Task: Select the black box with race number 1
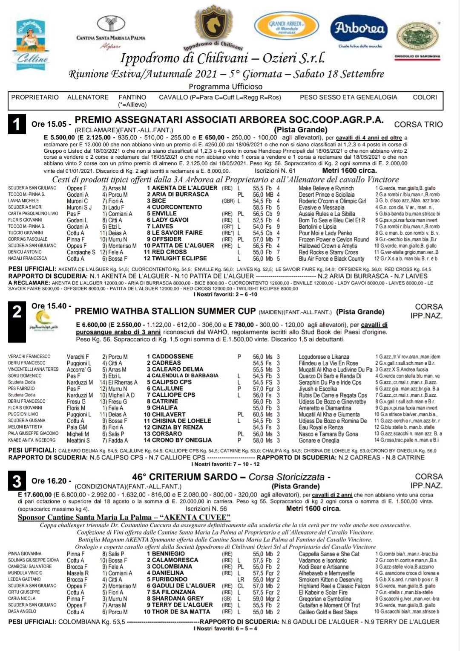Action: coord(17,124)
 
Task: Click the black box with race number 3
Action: coord(17,481)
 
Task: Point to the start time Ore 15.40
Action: coord(49,306)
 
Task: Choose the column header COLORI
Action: coord(425,97)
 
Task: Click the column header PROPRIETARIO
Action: coord(35,97)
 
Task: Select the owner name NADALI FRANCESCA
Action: coord(28,259)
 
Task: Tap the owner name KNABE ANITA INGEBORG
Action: coord(32,440)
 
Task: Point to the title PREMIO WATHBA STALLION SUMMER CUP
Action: coord(165,311)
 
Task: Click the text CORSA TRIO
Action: coord(418,125)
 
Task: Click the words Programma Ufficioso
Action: coord(226,87)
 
